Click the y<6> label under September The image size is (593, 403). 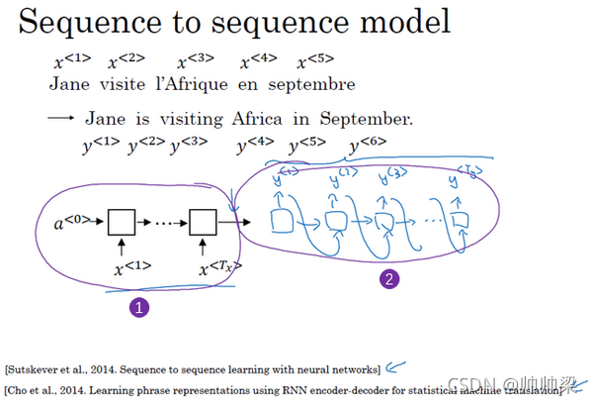pyautogui.click(x=368, y=148)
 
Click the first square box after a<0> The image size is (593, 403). pyautogui.click(x=121, y=222)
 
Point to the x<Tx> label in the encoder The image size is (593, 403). pyautogui.click(x=218, y=266)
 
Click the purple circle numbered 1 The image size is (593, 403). pyautogui.click(x=139, y=308)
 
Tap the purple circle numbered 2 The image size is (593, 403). pyautogui.click(x=390, y=279)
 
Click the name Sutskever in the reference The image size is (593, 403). pyautogui.click(x=45, y=369)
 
